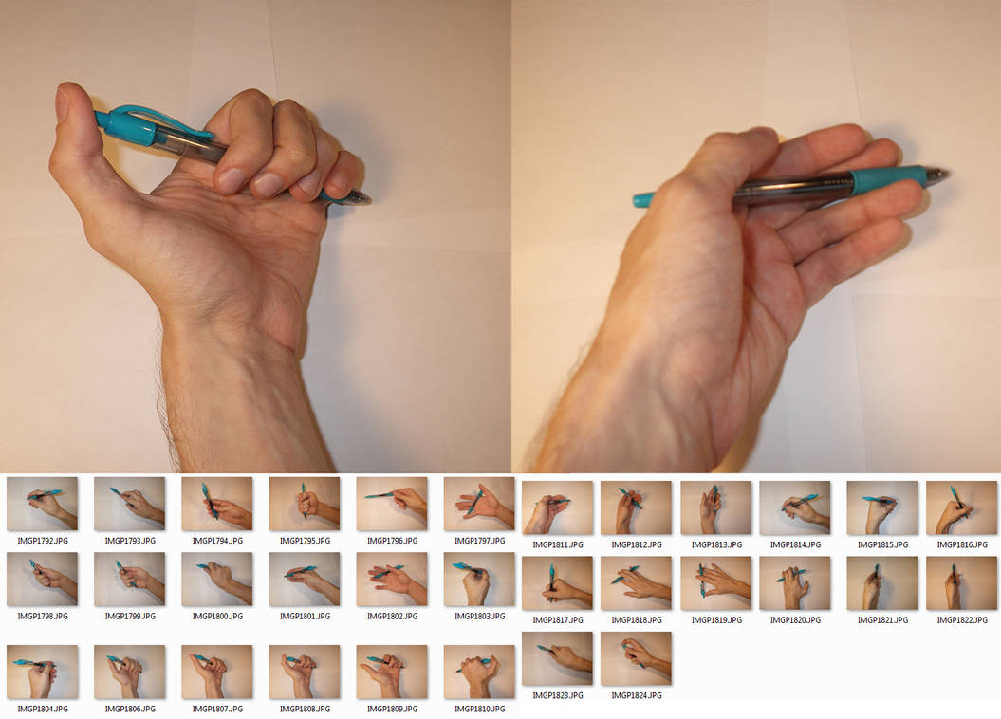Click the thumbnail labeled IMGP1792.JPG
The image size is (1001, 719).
pyautogui.click(x=42, y=504)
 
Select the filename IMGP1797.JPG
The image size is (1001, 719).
pyautogui.click(x=479, y=541)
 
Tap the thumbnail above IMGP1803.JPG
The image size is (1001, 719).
pyautogui.click(x=479, y=580)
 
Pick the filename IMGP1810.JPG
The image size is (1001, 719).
pyautogui.click(x=479, y=710)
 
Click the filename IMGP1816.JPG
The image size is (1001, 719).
pyautogui.click(x=962, y=545)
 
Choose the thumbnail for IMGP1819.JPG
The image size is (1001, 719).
pyautogui.click(x=715, y=583)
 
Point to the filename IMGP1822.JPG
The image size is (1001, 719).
pyautogui.click(x=962, y=620)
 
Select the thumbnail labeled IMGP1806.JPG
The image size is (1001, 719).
pyautogui.click(x=130, y=672)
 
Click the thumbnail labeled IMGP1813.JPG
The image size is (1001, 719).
pyautogui.click(x=715, y=508)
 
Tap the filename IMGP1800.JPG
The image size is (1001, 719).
pyautogui.click(x=217, y=617)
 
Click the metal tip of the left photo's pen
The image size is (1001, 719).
pyautogui.click(x=359, y=197)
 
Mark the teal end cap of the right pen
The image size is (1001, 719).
pyautogui.click(x=642, y=199)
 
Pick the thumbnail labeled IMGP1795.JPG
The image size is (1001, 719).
pyautogui.click(x=305, y=504)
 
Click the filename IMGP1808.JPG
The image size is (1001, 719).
pyautogui.click(x=305, y=710)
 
